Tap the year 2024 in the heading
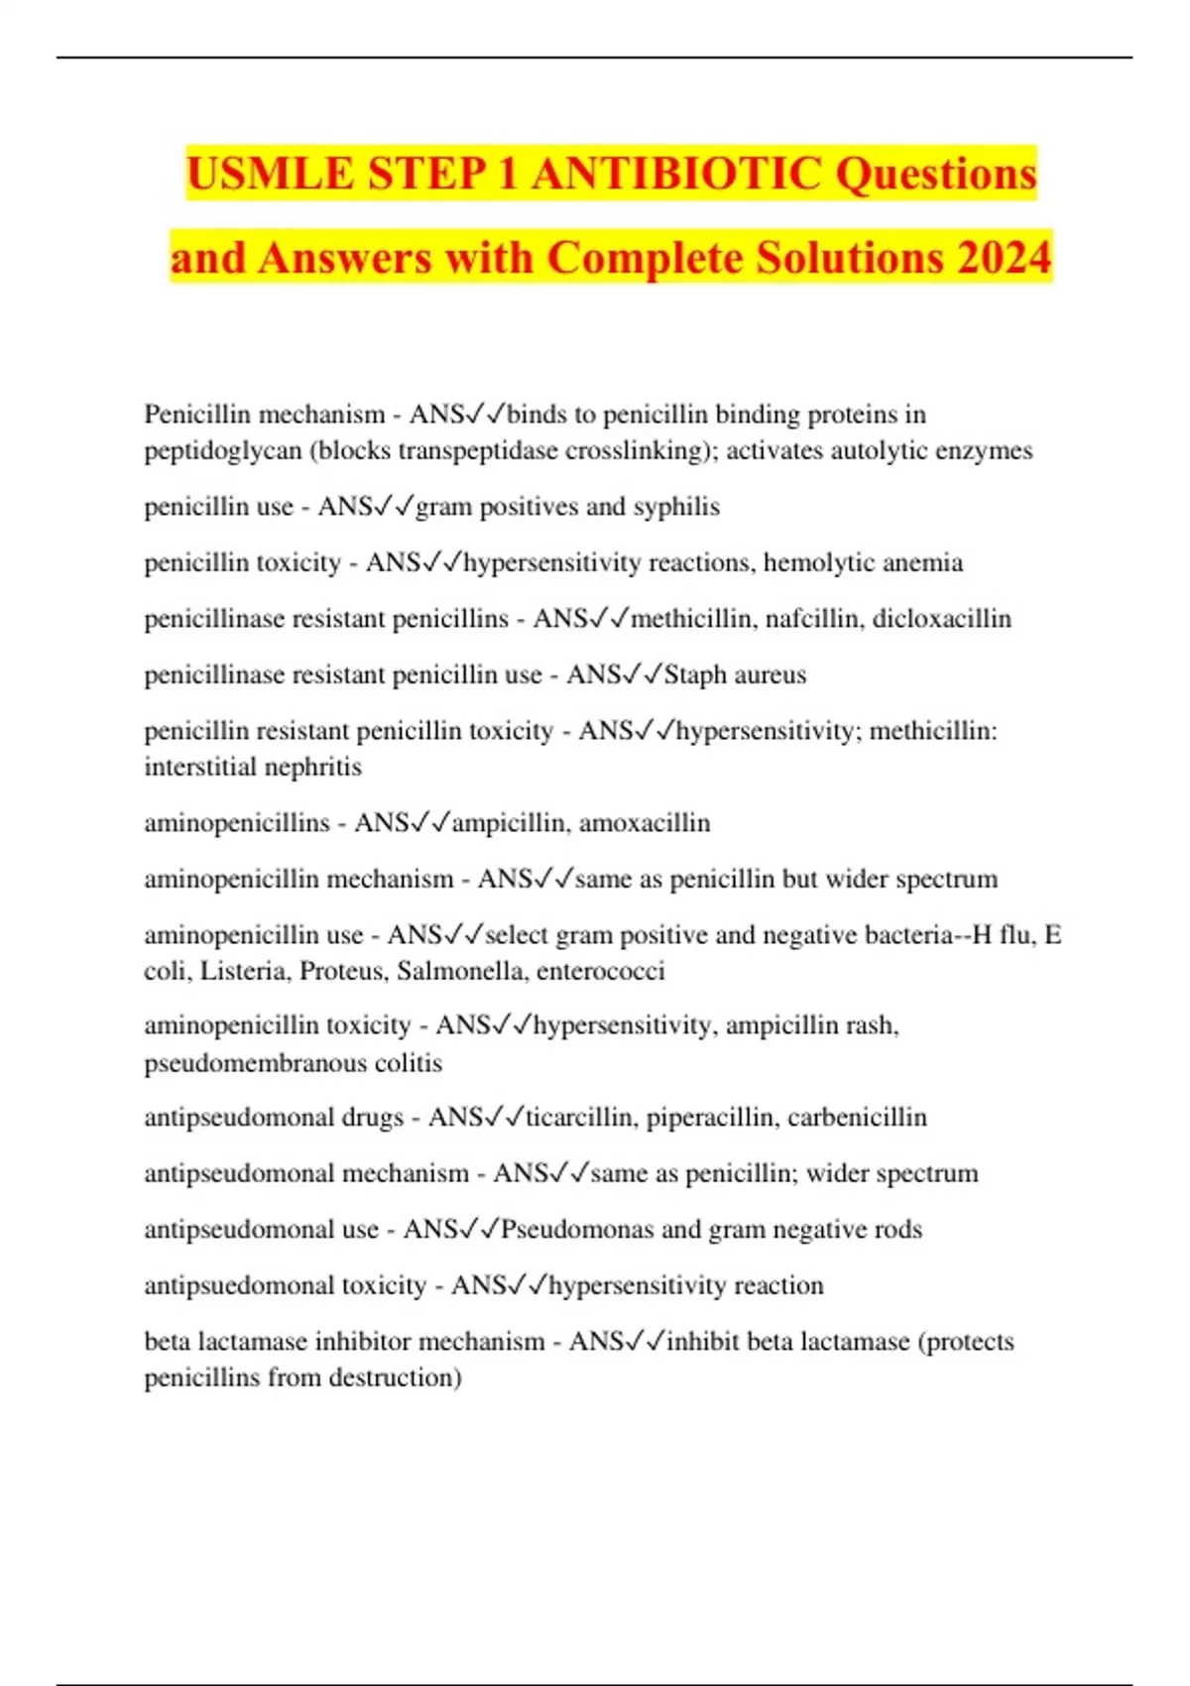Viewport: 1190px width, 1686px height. pyautogui.click(x=1003, y=258)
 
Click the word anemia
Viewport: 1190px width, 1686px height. pyautogui.click(x=921, y=563)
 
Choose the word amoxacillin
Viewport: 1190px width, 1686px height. pyautogui.click(x=645, y=823)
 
